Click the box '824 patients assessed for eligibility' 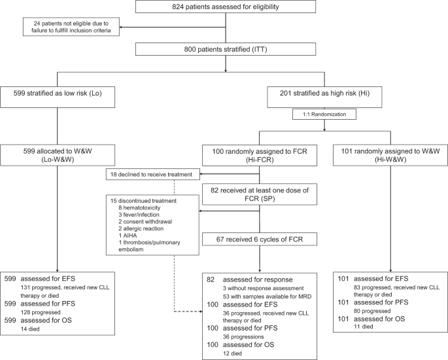point(226,7)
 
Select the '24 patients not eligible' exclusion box point(72,27)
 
